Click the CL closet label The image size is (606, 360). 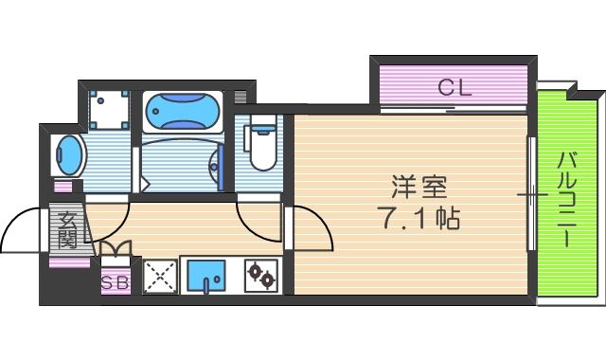[454, 88]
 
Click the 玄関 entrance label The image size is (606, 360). [66, 230]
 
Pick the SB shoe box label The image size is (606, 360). [115, 280]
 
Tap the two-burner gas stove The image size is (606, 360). [261, 277]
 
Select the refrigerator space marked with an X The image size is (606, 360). [158, 277]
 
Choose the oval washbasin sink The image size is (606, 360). [68, 154]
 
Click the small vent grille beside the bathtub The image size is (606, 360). [240, 97]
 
